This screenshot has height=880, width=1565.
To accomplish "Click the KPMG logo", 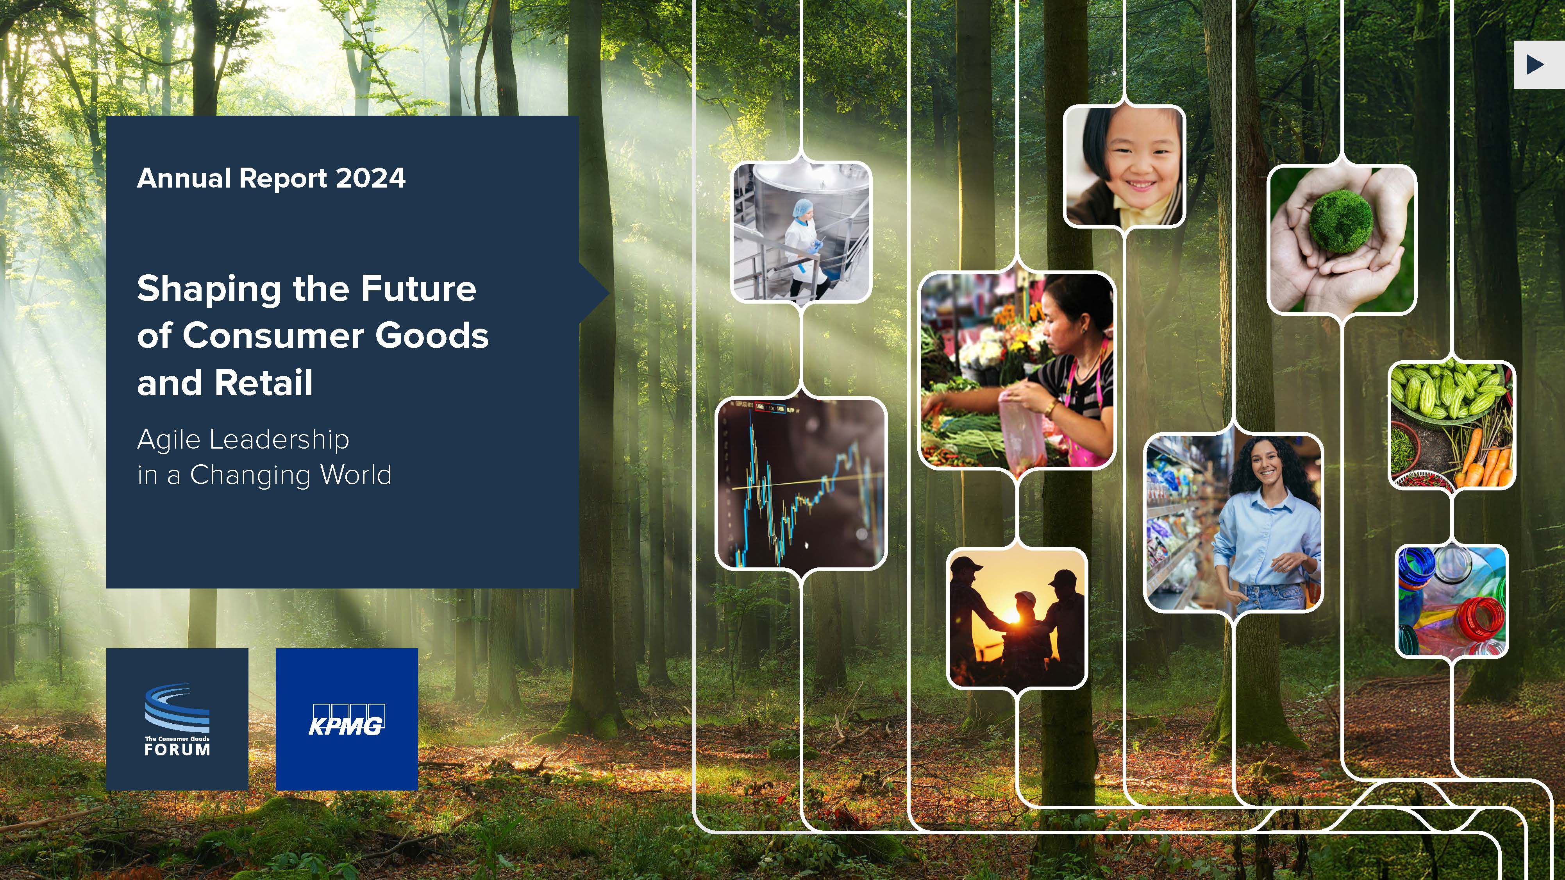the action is [x=346, y=719].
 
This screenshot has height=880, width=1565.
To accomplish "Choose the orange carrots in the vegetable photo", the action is [x=1481, y=462].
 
